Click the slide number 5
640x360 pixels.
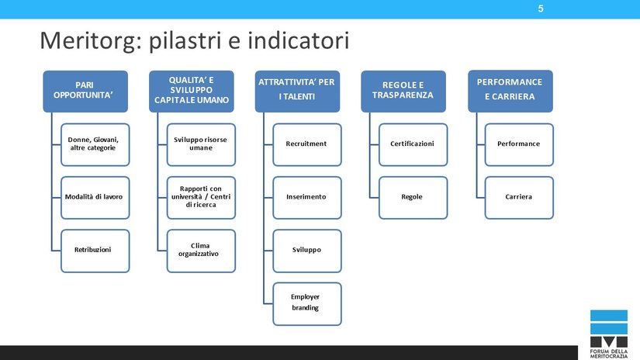pos(540,9)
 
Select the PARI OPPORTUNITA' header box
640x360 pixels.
pos(85,92)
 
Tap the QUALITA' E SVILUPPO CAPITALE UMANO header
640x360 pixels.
pos(191,90)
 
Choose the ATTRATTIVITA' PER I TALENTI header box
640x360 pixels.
pos(296,90)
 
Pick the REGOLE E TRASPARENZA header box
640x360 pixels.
pos(403,90)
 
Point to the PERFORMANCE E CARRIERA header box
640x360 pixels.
pos(509,90)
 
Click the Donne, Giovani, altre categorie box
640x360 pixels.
pos(94,144)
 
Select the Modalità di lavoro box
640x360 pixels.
pos(94,197)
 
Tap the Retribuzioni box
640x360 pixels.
pos(94,250)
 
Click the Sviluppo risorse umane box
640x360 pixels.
pos(200,144)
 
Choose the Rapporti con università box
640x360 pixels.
pos(200,197)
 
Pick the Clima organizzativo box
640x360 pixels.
pos(200,250)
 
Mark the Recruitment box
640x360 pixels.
pos(306,144)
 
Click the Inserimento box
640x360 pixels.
pos(306,197)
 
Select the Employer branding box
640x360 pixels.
pos(306,303)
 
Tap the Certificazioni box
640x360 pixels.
pos(413,144)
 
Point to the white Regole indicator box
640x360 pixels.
pos(413,197)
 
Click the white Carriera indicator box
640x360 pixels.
pos(519,197)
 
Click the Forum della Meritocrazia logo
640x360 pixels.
pos(608,330)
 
